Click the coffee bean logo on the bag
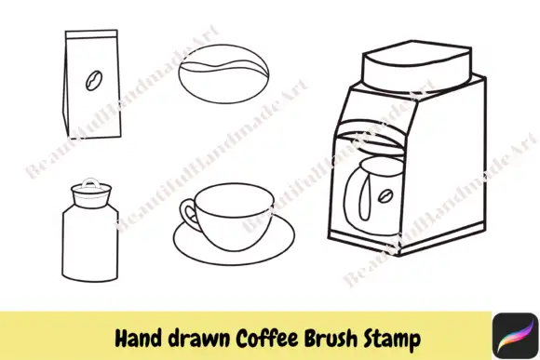pyautogui.click(x=93, y=82)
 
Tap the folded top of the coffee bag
pyautogui.click(x=89, y=36)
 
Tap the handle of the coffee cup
pyautogui.click(x=189, y=218)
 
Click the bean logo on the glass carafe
pyautogui.click(x=384, y=196)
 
